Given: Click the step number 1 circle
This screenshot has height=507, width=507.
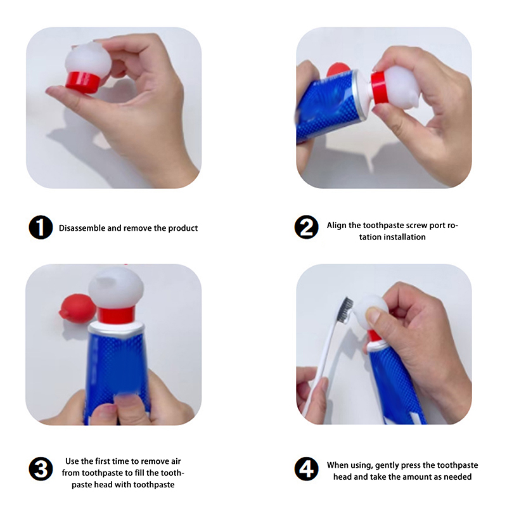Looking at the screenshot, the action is click(41, 228).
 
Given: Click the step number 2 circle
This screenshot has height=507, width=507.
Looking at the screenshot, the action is click(306, 228).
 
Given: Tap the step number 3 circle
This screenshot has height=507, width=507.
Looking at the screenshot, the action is click(41, 469).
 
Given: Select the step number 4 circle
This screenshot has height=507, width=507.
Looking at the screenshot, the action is click(306, 469).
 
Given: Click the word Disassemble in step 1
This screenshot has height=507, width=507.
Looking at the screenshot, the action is click(82, 228).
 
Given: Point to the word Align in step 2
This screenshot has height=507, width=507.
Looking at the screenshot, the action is click(337, 226).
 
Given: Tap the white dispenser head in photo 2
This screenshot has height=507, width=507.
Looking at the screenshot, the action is click(401, 87).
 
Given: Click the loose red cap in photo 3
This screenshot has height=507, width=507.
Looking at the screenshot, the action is click(77, 308).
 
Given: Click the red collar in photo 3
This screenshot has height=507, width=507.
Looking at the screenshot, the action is click(116, 315).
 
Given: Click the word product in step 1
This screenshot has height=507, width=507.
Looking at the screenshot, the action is click(183, 228).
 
